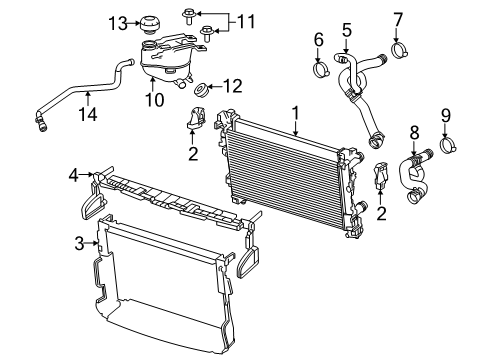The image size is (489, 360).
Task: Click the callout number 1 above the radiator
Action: point(295,114)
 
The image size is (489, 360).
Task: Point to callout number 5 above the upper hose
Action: point(347,30)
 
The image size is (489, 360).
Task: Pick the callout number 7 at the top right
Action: point(397,18)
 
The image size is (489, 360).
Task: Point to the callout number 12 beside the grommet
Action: point(234,87)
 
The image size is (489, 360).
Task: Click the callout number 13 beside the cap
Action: point(118,22)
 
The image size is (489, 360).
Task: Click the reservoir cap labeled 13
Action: point(153,22)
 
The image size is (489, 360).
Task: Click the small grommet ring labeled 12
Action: point(201,88)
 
